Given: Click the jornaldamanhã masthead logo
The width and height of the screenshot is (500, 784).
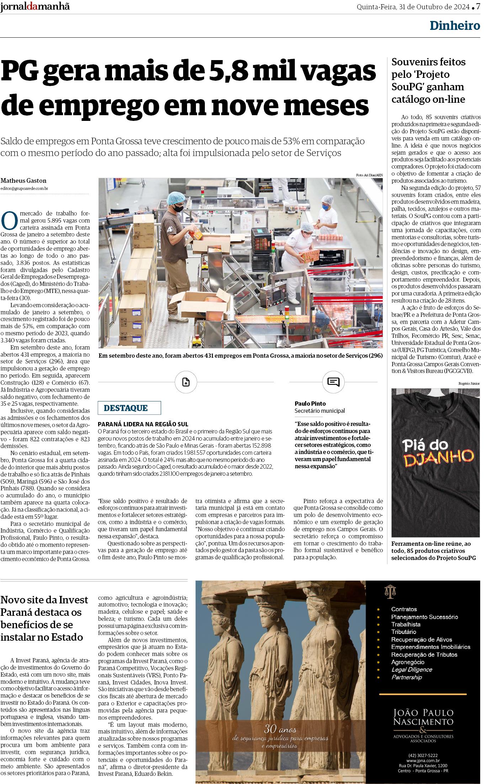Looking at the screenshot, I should click(x=35, y=7).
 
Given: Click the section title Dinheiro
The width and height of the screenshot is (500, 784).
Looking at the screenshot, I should click(x=454, y=26).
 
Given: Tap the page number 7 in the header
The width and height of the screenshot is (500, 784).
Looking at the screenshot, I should click(x=478, y=7).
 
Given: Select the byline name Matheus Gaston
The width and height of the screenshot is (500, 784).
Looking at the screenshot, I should click(x=23, y=181).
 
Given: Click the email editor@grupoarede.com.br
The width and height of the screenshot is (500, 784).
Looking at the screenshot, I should click(x=24, y=188).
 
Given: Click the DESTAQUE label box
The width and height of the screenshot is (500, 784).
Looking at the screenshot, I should click(x=129, y=408).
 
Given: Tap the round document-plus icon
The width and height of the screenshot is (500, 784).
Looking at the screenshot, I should click(x=186, y=382).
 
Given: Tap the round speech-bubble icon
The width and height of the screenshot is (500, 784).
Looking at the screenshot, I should click(x=333, y=382).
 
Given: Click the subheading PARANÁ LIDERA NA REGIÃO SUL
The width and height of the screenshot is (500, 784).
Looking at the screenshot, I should click(x=143, y=424).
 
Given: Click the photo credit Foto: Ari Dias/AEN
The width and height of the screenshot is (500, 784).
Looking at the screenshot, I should click(x=369, y=175).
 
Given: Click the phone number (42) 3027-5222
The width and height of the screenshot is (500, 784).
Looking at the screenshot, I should click(x=423, y=753).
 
